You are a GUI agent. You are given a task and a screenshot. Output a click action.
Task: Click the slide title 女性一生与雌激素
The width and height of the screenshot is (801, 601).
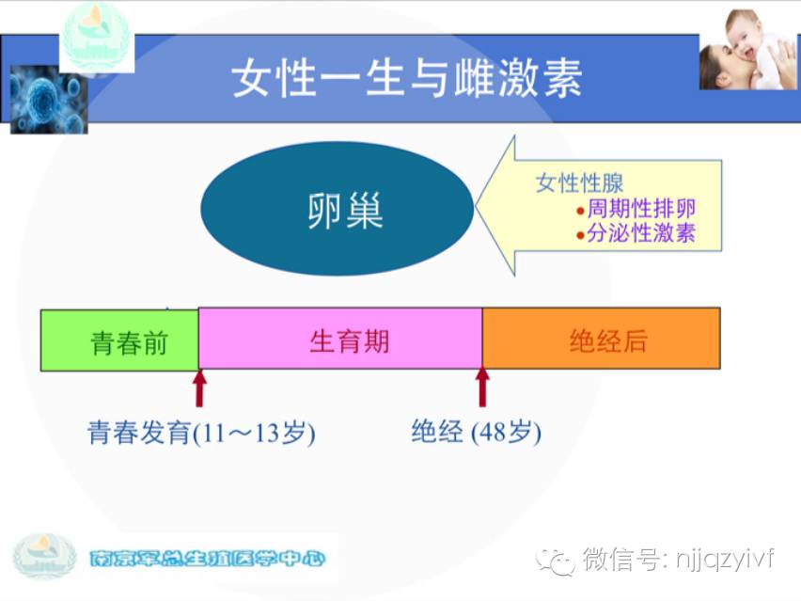click(x=406, y=79)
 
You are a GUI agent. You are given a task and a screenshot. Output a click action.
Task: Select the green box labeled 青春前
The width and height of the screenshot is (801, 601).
click(x=119, y=340)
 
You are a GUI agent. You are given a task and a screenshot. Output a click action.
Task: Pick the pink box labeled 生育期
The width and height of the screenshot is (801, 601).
click(x=340, y=340)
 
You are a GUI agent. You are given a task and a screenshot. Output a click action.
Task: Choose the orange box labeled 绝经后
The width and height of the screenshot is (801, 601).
click(x=601, y=340)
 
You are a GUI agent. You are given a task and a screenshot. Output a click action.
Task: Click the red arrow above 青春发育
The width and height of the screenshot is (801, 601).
click(x=199, y=387)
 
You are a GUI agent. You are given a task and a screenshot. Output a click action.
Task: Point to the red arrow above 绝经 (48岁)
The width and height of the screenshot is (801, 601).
click(x=482, y=387)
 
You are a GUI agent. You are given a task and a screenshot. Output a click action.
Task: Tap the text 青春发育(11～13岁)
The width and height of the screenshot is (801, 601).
click(x=201, y=433)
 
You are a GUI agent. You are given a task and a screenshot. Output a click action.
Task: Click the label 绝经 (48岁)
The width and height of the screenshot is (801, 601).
click(x=477, y=433)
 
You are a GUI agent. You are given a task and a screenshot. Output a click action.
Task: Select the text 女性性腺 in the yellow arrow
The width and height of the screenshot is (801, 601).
click(x=580, y=183)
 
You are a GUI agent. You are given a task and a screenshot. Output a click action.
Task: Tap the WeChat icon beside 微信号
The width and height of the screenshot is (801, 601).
click(x=556, y=561)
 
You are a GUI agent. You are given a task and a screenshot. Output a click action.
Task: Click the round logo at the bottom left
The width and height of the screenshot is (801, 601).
click(x=45, y=557)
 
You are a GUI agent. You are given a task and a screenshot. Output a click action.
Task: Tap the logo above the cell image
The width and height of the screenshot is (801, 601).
click(x=97, y=36)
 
